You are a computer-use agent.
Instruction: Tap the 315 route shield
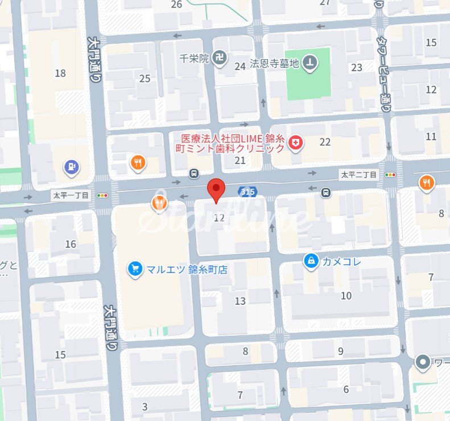pos(247,192)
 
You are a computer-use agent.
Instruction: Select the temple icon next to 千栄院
pos(221,58)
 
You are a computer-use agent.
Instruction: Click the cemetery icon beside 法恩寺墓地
pos(310,62)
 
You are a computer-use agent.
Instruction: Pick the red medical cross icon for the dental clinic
pos(295,143)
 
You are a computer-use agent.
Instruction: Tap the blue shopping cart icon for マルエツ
pos(135,268)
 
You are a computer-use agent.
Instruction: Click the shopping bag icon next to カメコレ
pos(311,261)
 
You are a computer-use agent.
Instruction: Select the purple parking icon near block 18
pos(72,167)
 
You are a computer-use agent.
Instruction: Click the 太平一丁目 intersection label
pos(71,195)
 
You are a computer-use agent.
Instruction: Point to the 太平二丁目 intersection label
pos(359,175)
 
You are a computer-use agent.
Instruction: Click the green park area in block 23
pos(307,80)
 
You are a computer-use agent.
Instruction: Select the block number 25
pos(145,79)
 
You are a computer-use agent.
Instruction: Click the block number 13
pos(240,301)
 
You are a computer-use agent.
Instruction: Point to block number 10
pos(346,296)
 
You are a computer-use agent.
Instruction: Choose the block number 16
pos(71,244)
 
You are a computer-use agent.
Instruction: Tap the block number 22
pos(325,142)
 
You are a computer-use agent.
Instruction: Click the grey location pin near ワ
pos(423,362)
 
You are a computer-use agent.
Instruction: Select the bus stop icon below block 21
pos(195,173)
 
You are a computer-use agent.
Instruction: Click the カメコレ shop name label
pos(342,261)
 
